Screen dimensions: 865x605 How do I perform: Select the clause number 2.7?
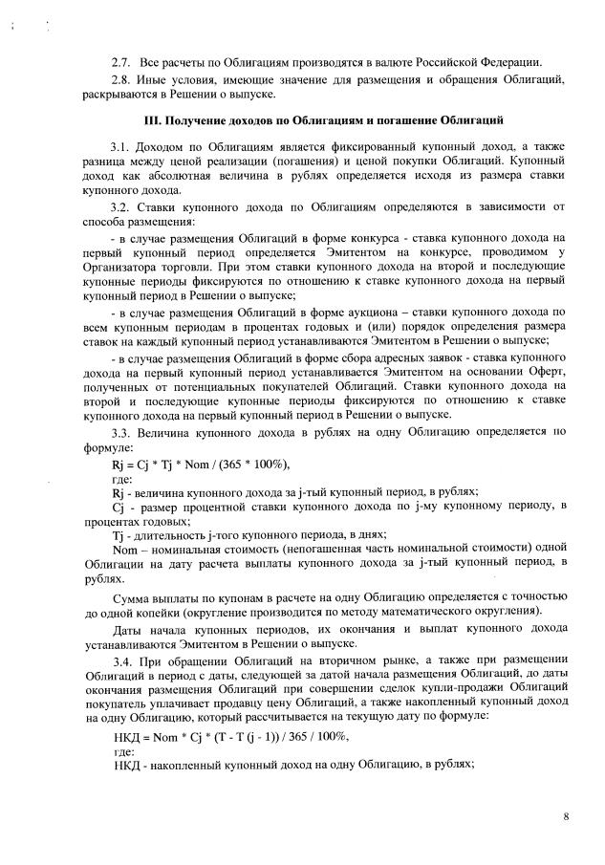click(x=121, y=62)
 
